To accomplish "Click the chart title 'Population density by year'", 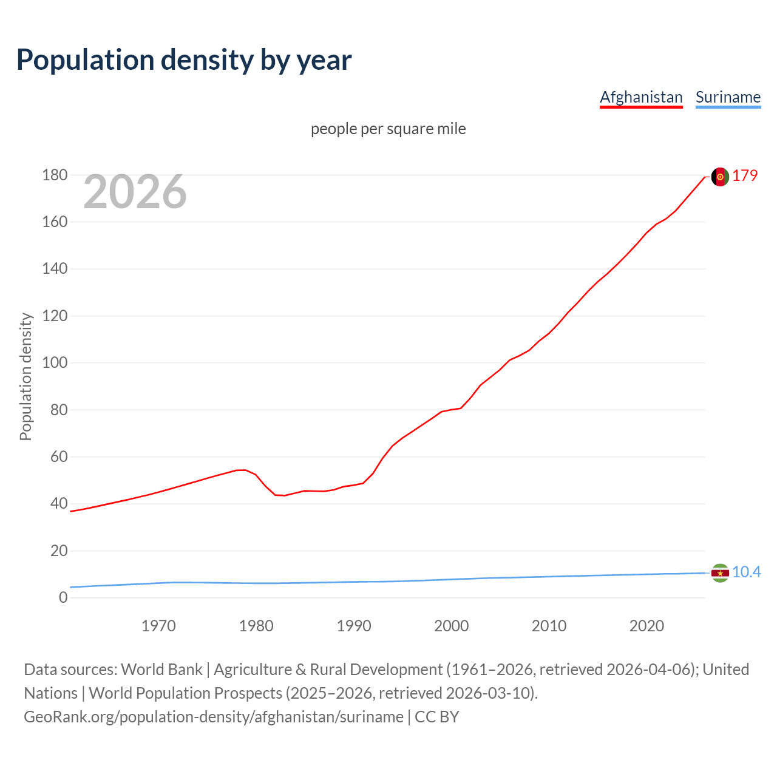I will tap(184, 59).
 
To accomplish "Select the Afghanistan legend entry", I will tap(641, 97).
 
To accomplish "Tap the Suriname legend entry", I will tap(728, 97).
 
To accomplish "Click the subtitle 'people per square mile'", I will tap(388, 129).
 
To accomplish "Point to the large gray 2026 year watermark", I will tap(135, 192).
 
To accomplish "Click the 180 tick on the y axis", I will tap(55, 175).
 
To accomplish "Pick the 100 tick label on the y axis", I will tap(55, 363).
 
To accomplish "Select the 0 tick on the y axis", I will tap(63, 598).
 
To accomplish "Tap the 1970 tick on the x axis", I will tap(158, 626).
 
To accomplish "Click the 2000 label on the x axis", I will tap(451, 626).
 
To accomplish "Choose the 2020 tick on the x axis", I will tap(646, 626).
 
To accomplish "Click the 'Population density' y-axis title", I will tap(25, 376).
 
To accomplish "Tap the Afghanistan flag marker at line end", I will tap(720, 177).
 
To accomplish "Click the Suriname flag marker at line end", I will tap(720, 573).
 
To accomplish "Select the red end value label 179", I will tap(745, 175).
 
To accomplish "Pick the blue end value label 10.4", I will tap(746, 572).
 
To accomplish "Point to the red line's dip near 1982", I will tap(279, 495).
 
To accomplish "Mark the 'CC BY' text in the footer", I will tap(437, 716).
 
